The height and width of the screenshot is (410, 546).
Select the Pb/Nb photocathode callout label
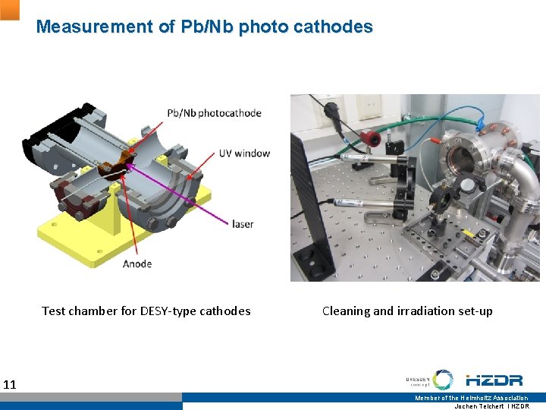click(x=215, y=113)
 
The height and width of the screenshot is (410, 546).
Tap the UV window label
click(x=244, y=153)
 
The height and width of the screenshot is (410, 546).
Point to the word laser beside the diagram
click(x=243, y=224)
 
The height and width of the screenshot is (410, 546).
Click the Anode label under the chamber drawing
click(x=137, y=263)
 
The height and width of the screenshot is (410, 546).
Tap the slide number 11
click(x=10, y=384)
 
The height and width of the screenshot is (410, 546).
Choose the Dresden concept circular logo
click(x=443, y=380)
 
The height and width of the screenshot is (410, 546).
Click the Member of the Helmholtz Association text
click(x=471, y=398)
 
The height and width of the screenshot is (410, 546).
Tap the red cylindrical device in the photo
click(x=372, y=137)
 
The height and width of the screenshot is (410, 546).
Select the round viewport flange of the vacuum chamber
click(x=462, y=159)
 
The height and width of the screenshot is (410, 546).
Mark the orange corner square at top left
click(x=9, y=9)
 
